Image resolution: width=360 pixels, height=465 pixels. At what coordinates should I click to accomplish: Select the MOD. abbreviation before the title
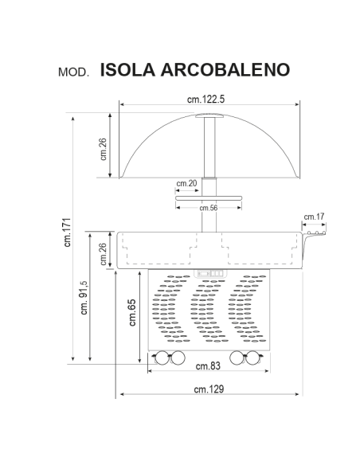(76, 72)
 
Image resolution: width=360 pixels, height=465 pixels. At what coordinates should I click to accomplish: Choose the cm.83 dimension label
(208, 366)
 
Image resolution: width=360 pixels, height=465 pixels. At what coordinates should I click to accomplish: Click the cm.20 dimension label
(187, 184)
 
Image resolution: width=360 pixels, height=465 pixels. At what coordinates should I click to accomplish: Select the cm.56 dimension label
(209, 208)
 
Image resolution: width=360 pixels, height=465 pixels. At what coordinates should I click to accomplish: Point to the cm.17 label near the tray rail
(314, 216)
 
